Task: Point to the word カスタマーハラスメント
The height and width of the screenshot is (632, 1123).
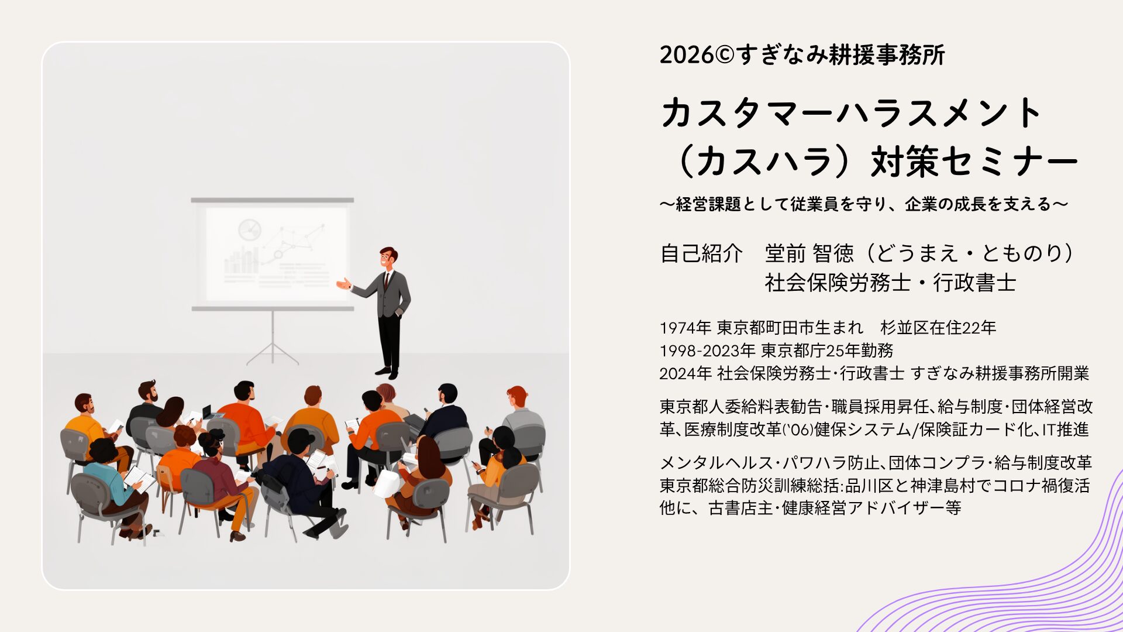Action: click(852, 112)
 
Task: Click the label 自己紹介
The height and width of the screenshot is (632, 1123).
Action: click(701, 253)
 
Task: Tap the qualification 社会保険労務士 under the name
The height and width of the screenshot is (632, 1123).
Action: click(838, 283)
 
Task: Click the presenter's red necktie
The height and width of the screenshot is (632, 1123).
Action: click(386, 280)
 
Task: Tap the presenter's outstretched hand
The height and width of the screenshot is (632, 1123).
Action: click(343, 284)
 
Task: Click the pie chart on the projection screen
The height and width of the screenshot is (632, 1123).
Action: click(249, 229)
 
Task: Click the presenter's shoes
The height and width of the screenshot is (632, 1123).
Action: click(388, 372)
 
